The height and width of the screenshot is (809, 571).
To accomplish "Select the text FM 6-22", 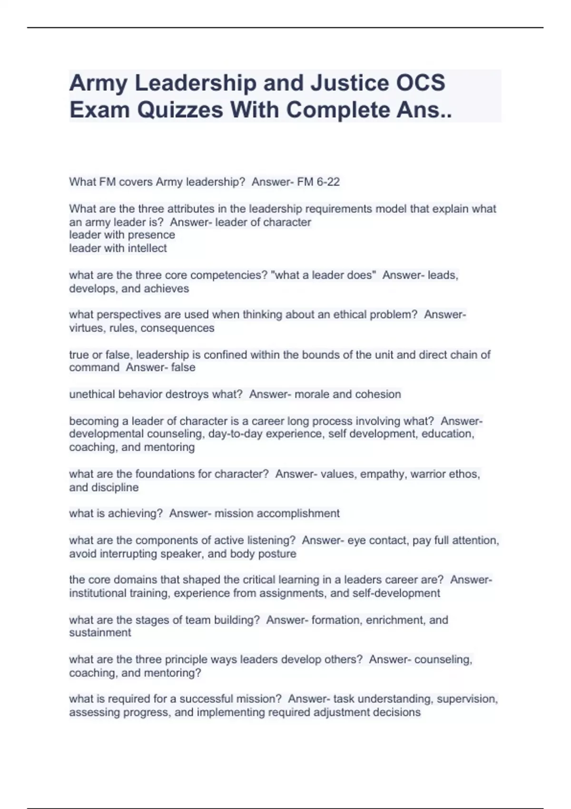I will [x=318, y=182].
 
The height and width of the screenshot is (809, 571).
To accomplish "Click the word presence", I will [x=151, y=235].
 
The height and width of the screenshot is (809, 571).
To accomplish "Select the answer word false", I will [x=183, y=367].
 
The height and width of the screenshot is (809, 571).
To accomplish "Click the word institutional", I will [x=98, y=593].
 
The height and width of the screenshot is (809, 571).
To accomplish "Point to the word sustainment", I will [x=100, y=633].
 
